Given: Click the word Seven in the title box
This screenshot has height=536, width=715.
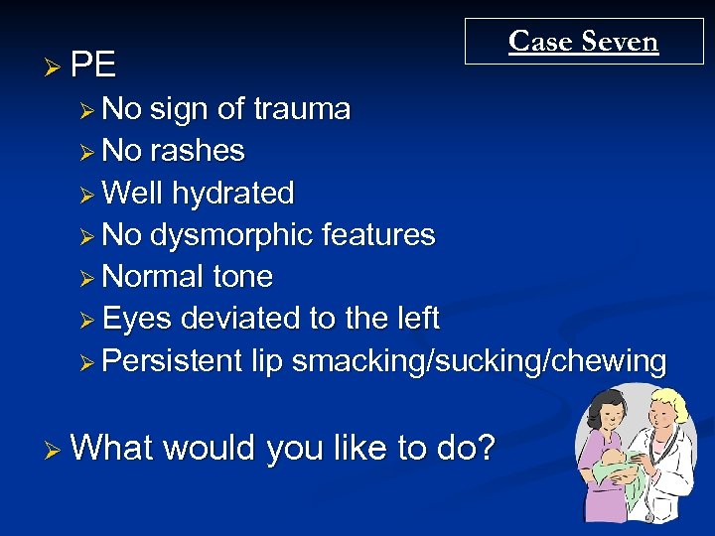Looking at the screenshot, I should [x=620, y=42].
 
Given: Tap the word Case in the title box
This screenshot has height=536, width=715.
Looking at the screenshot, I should [x=540, y=42].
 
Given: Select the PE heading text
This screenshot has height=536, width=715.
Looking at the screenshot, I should [x=93, y=66].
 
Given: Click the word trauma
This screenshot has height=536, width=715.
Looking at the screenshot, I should [x=302, y=109].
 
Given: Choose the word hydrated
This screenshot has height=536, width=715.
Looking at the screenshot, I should [x=232, y=193].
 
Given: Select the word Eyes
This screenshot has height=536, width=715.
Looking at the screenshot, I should [x=135, y=319].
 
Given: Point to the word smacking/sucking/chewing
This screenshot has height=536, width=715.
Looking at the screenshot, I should [x=479, y=361].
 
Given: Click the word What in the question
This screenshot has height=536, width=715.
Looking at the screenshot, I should [x=111, y=449].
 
